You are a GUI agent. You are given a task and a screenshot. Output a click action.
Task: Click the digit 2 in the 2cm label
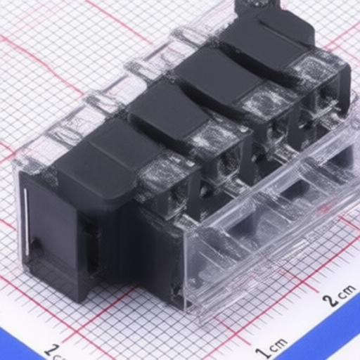[329, 300]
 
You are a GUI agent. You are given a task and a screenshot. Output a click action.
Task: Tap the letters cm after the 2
[347, 292]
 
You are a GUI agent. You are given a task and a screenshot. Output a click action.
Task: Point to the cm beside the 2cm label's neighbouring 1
[278, 345]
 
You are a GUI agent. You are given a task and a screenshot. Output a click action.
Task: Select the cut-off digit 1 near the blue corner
[51, 352]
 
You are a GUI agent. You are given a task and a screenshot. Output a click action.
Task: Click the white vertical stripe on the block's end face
[27, 221]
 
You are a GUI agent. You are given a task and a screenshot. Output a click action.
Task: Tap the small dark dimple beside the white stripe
[37, 244]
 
